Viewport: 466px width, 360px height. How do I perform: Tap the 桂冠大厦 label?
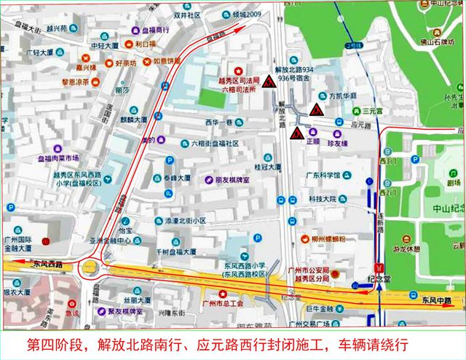(267, 167)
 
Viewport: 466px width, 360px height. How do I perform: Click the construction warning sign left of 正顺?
(297, 135)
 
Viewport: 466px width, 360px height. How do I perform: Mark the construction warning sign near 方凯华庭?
(317, 109)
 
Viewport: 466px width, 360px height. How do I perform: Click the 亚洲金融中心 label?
(109, 240)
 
